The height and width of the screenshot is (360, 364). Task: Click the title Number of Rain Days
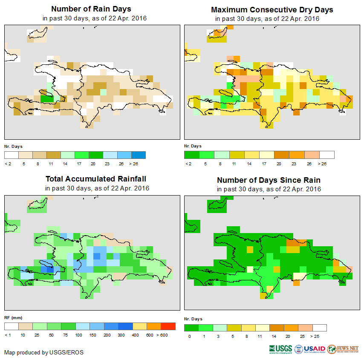tap(91, 9)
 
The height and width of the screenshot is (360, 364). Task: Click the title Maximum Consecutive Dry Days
tap(272, 9)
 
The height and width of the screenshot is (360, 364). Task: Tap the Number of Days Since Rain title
tap(269, 180)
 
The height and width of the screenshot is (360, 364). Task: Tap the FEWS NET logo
tap(343, 349)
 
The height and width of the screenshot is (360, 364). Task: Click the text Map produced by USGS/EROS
tap(44, 352)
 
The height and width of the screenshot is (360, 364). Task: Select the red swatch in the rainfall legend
tap(168, 326)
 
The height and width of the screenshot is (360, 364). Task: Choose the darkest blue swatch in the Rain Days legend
tap(139, 155)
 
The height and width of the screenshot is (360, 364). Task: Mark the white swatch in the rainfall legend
tap(12, 326)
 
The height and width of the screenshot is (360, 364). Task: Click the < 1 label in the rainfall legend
tap(8, 335)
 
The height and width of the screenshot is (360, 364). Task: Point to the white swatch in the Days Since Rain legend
tap(319, 328)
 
